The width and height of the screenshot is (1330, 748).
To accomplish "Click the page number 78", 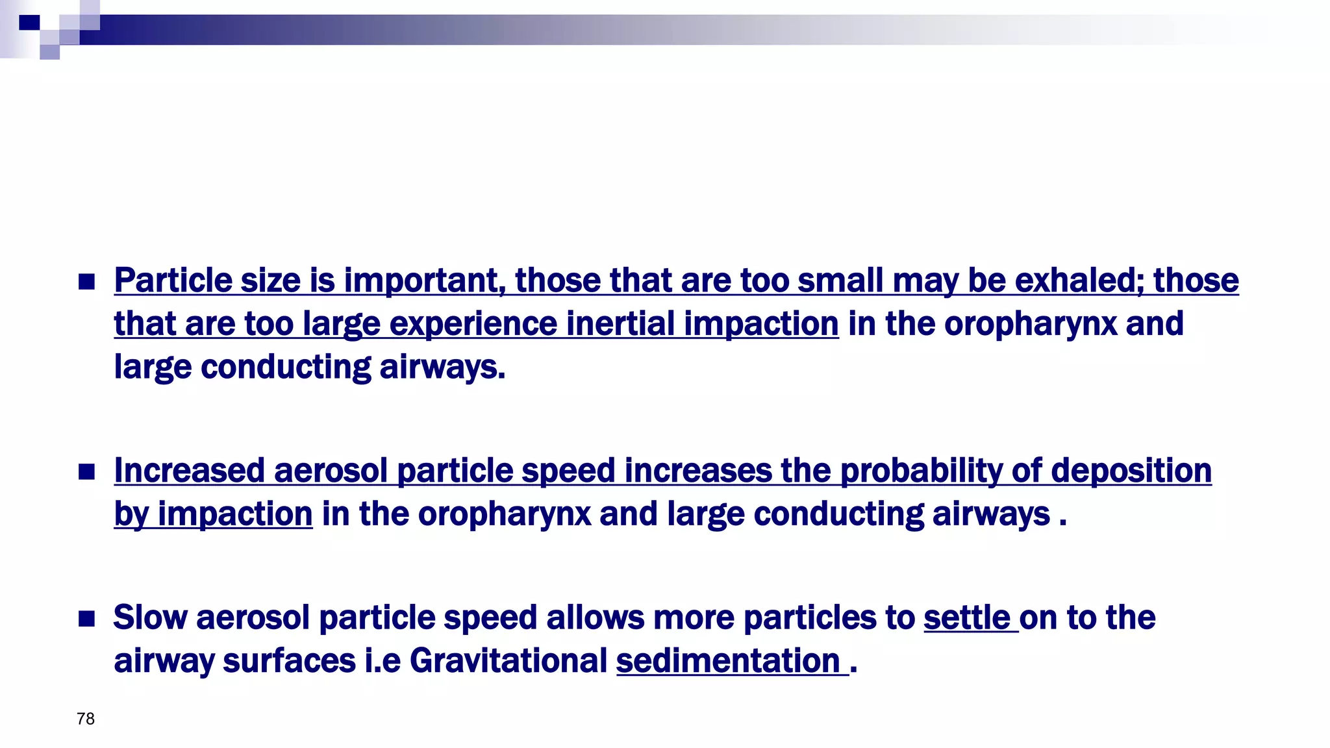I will click(86, 719).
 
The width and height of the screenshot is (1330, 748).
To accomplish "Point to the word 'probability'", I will click(921, 471).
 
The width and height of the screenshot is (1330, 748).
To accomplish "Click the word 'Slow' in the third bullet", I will click(150, 617).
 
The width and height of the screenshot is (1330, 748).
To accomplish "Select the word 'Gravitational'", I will click(508, 661).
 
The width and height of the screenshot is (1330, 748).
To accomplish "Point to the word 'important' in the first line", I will click(424, 282).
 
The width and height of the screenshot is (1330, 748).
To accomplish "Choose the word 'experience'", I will click(473, 325).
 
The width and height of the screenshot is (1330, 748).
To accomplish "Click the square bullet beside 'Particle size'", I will click(86, 282).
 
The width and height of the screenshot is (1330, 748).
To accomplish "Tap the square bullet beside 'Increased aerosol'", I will click(86, 471).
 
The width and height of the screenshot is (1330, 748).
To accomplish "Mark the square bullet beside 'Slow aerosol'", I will click(86, 618).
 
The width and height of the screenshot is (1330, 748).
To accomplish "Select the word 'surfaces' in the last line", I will click(289, 661).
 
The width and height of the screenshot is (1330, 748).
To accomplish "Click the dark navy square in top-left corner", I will click(29, 23).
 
